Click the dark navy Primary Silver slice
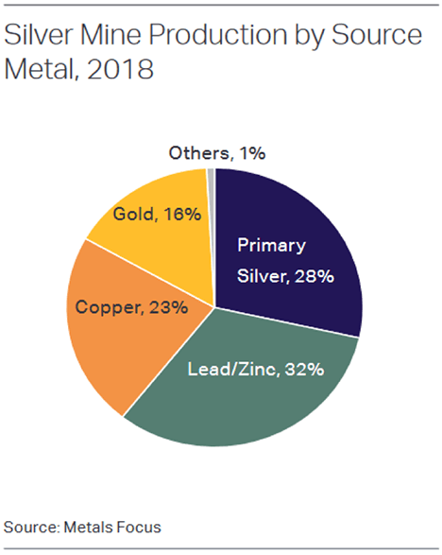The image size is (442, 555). tap(302, 217)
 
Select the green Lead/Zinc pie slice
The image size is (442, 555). tap(255, 397)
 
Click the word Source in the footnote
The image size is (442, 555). tap(27, 525)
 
